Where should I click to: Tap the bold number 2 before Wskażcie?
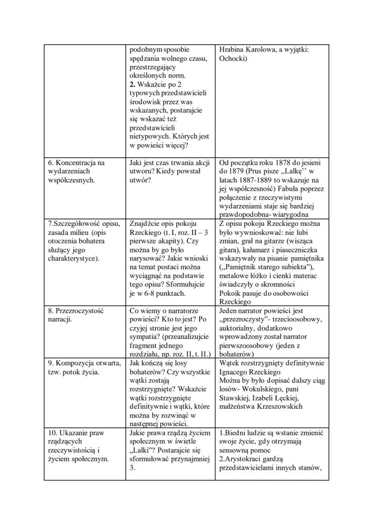click(131, 84)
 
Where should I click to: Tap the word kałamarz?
click(257, 249)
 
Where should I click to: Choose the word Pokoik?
click(230, 293)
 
